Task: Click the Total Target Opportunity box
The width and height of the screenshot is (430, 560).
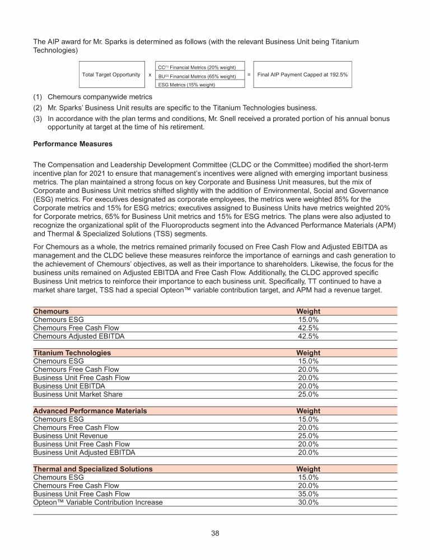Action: (111, 74)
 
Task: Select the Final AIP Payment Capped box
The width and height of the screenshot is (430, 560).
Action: (302, 74)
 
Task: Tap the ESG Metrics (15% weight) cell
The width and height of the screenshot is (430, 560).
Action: (199, 85)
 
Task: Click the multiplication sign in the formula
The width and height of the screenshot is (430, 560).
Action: (149, 74)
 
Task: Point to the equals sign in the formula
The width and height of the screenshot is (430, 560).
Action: (249, 74)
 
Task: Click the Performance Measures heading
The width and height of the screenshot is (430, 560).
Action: (73, 144)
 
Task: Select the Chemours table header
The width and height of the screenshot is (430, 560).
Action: (51, 311)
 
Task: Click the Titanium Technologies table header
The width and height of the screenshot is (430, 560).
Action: (72, 353)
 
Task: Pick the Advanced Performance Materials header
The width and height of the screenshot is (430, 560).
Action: (90, 411)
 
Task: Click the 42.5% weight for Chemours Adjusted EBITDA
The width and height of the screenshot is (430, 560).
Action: (308, 336)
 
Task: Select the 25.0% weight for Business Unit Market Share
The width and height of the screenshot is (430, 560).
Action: (308, 394)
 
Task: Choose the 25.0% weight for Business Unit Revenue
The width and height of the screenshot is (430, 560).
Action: (308, 436)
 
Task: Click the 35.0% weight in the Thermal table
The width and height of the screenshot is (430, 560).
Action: (308, 494)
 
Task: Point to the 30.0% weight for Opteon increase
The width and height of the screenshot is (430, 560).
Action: (308, 502)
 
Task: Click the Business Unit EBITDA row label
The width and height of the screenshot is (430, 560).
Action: (69, 386)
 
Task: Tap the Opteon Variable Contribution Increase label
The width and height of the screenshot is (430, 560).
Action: (98, 502)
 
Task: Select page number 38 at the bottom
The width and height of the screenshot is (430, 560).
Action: (215, 533)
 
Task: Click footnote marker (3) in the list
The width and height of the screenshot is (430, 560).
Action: (39, 119)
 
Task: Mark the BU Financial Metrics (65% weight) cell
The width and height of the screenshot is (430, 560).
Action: (199, 76)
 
